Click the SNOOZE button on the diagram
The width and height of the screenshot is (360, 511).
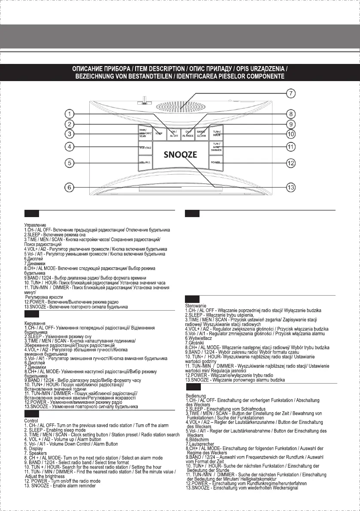[x=180, y=155]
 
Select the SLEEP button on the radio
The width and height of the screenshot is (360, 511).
[x=159, y=133]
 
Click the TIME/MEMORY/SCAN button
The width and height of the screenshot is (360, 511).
[x=144, y=132]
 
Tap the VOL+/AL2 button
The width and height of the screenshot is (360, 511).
[x=145, y=147]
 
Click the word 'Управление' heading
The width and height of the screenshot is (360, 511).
[x=36, y=224]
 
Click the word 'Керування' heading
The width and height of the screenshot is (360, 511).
[x=36, y=323]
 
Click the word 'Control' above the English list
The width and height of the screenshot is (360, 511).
[x=31, y=421]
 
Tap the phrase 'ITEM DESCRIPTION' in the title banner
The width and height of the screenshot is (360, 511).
[x=149, y=69]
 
